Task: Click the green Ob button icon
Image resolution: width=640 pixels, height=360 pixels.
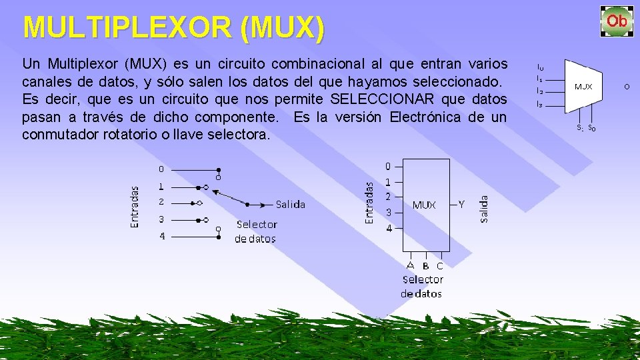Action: click(617, 21)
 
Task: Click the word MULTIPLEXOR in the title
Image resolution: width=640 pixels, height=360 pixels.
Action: click(127, 28)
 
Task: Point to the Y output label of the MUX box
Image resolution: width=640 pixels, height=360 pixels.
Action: click(461, 205)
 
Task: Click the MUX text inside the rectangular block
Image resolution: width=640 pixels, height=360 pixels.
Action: click(424, 205)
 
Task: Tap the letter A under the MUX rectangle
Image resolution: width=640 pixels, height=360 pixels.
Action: click(411, 265)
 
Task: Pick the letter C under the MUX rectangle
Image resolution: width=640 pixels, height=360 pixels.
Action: click(439, 266)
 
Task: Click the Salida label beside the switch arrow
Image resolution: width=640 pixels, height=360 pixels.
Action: click(291, 204)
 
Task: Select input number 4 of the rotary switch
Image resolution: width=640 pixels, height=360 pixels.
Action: click(161, 236)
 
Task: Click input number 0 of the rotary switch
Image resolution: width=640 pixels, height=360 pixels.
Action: click(161, 169)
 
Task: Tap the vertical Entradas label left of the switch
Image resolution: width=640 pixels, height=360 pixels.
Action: click(135, 207)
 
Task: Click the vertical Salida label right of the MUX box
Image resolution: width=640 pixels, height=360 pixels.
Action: click(484, 208)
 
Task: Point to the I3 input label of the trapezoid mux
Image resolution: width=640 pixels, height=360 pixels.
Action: click(539, 104)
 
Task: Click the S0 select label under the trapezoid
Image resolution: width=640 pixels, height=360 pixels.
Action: click(592, 128)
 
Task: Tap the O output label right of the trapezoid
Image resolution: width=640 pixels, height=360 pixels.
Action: click(627, 87)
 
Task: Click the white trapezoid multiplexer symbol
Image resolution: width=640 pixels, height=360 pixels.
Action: click(583, 87)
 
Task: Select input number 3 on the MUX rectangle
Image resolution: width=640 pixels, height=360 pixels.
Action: click(388, 213)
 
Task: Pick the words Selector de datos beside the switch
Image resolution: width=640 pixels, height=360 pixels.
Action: click(256, 231)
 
